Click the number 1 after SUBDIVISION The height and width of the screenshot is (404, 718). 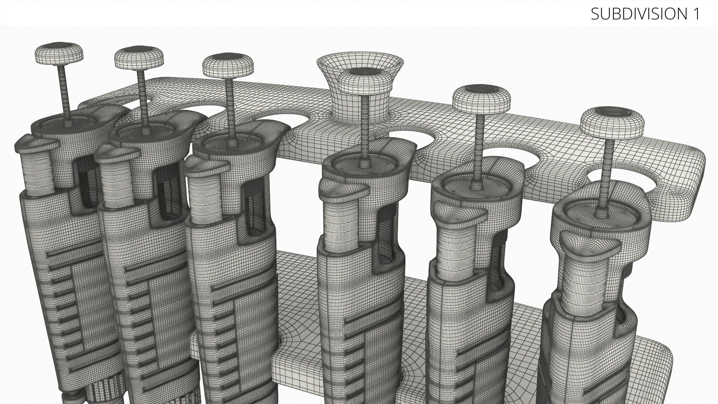[x=696, y=14]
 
